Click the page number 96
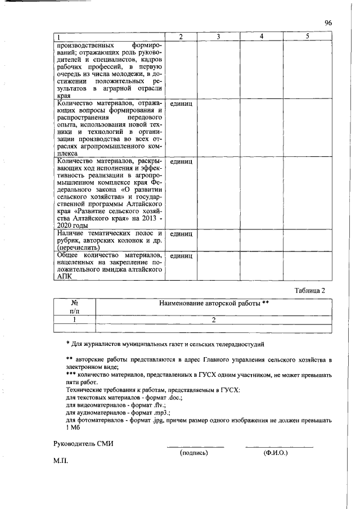click(x=328, y=22)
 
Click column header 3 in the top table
click(x=218, y=37)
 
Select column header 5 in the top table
click(x=307, y=37)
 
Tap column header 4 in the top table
click(x=262, y=37)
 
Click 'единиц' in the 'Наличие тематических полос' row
click(x=181, y=233)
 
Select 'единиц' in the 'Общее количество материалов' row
click(x=181, y=255)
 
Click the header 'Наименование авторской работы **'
click(x=214, y=304)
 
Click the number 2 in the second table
click(x=214, y=319)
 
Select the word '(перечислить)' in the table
click(x=78, y=246)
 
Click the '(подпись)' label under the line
click(x=193, y=452)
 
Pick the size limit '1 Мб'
click(x=74, y=427)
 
